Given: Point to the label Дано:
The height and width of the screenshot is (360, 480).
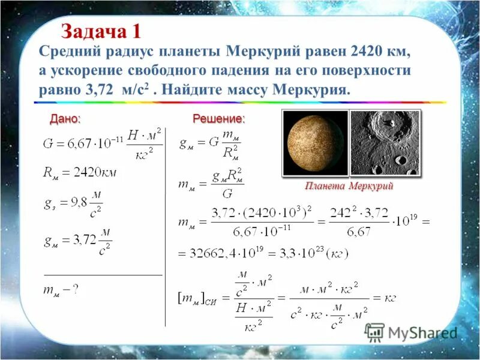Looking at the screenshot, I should click(x=65, y=119).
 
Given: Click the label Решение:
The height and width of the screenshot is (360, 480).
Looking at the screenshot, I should click(x=218, y=119).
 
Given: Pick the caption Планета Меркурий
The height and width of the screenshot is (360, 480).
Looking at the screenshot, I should click(x=349, y=186).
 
